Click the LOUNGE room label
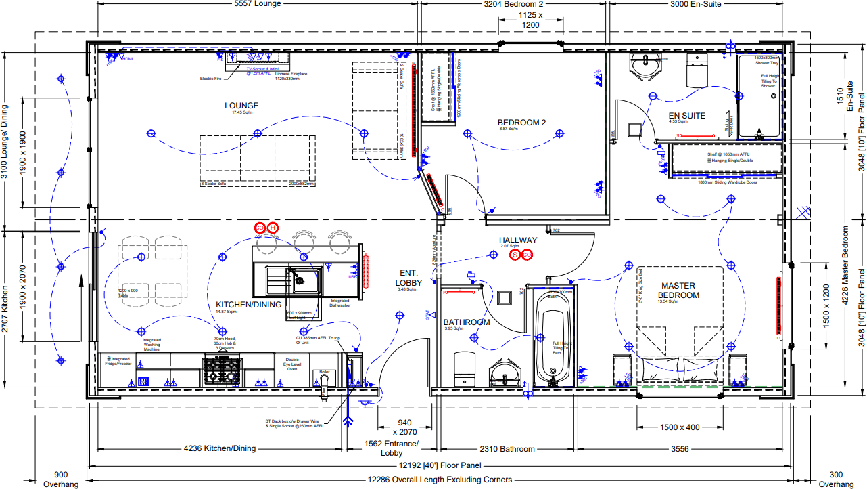pos(241,106)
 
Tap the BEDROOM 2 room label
pos(522,123)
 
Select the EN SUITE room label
pos(686,116)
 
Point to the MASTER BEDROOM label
pos(679,291)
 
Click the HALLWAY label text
pos(518,240)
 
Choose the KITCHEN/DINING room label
pos(248,305)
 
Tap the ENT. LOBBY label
pos(409,278)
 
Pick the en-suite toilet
pos(696,69)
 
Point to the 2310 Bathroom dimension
pos(507,448)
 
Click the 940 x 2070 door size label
pos(404,427)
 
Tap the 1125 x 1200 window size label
pos(530,20)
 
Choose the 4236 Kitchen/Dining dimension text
pos(220,448)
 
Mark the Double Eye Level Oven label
pos(291,364)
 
